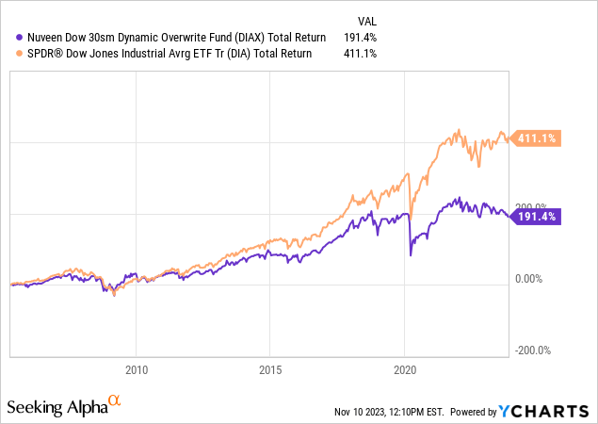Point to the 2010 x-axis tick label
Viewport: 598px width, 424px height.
coord(137,369)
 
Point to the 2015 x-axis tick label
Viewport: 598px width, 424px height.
coord(270,369)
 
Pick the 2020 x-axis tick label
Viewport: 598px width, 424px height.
coord(404,369)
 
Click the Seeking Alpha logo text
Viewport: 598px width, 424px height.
coord(57,407)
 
